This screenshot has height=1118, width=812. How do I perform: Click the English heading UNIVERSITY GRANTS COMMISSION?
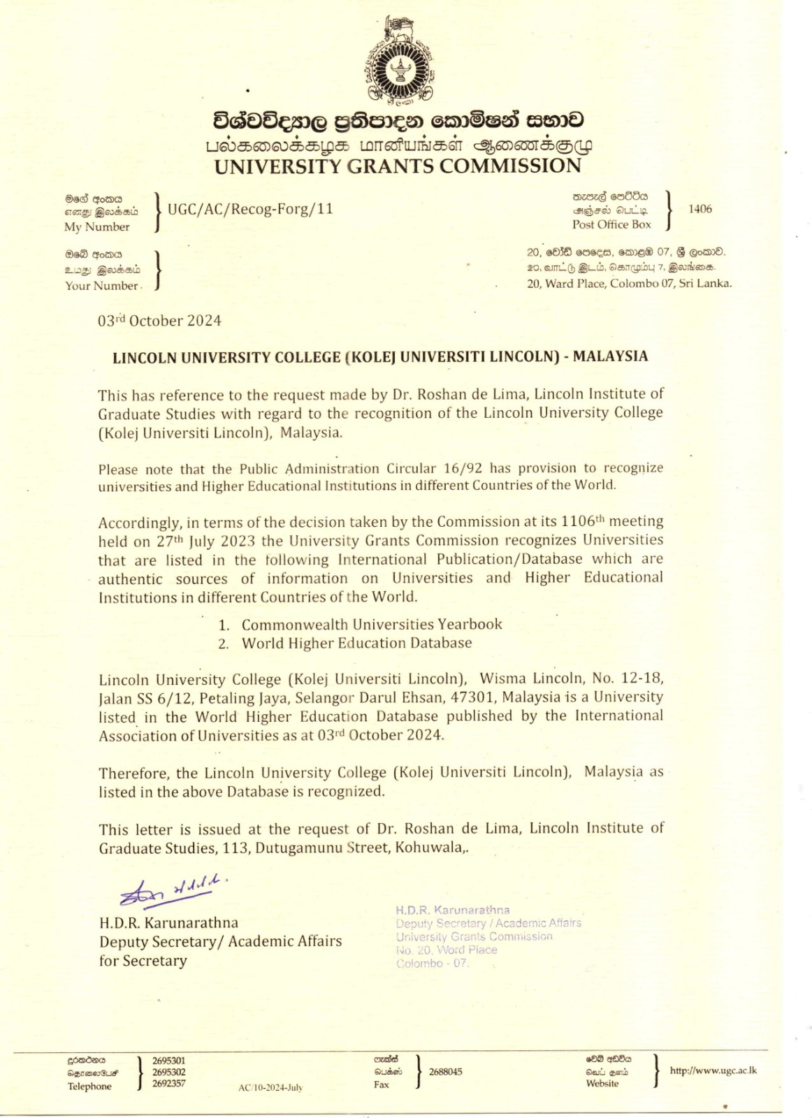click(x=398, y=166)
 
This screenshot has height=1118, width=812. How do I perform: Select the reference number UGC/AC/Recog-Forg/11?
click(x=250, y=208)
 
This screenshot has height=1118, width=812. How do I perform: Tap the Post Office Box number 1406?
click(x=699, y=209)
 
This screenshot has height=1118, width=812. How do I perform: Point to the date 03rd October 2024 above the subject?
click(x=159, y=321)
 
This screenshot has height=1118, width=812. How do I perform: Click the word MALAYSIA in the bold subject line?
click(x=610, y=356)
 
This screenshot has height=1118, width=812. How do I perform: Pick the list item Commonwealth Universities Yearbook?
click(x=372, y=624)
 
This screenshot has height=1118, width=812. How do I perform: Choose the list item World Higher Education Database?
click(x=356, y=643)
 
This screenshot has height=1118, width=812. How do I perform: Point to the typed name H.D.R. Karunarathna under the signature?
click(x=168, y=922)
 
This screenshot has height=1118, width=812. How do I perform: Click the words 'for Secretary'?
click(x=143, y=961)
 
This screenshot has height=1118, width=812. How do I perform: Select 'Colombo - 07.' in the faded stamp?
click(x=432, y=964)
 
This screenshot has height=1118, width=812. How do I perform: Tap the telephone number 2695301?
click(x=169, y=1061)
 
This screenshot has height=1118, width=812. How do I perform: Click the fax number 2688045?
click(x=445, y=1072)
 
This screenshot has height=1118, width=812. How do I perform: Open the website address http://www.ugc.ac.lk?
click(x=713, y=1070)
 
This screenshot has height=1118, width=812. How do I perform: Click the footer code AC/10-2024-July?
click(x=270, y=1088)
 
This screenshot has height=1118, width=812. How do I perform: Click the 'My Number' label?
click(x=96, y=227)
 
